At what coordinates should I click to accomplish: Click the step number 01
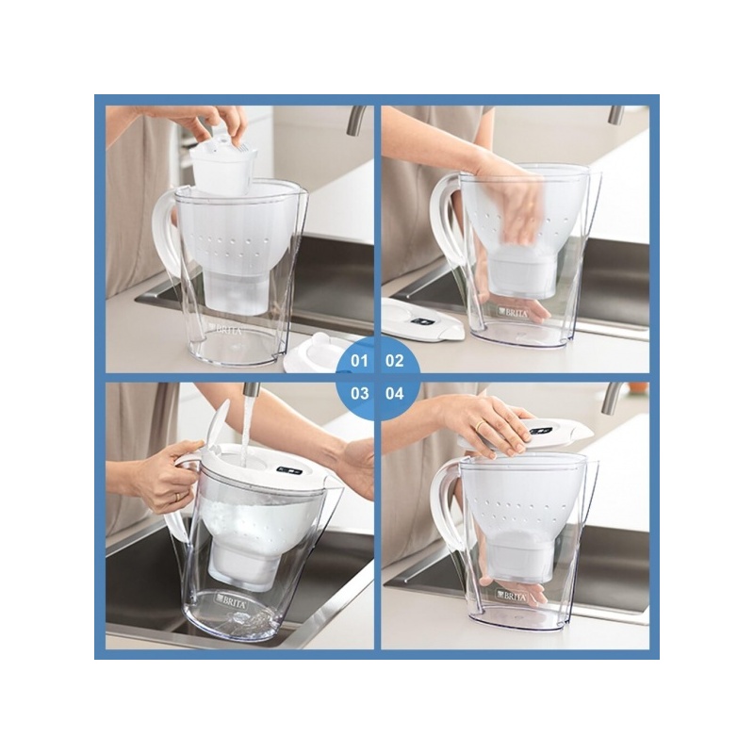click(x=359, y=361)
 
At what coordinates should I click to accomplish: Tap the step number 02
click(x=394, y=361)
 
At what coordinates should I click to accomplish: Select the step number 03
click(x=359, y=394)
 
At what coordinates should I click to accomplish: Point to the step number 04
click(x=394, y=394)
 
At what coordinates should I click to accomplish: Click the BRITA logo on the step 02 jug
click(x=513, y=313)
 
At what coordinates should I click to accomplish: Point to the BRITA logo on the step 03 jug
click(x=232, y=602)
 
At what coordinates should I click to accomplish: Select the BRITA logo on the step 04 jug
click(x=511, y=597)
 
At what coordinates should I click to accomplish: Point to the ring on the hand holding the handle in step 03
click(x=177, y=497)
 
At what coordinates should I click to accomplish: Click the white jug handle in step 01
click(x=164, y=231)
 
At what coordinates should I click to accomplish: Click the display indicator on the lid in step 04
click(x=539, y=430)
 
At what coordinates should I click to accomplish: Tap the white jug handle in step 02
click(x=441, y=211)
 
